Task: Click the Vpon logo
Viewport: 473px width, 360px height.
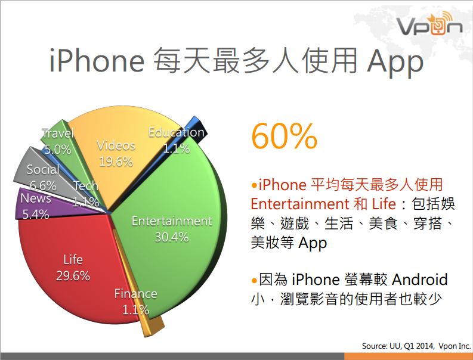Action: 429,23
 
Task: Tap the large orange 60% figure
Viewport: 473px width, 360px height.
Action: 284,136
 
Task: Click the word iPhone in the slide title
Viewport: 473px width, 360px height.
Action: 97,61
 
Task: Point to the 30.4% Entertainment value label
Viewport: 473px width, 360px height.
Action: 172,237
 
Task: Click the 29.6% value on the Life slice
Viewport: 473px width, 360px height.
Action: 73,276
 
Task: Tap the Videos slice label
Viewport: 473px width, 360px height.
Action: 116,145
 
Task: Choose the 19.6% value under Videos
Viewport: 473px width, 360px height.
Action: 116,162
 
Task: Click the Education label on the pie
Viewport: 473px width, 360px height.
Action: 177,132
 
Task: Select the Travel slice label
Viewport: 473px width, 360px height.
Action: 58,134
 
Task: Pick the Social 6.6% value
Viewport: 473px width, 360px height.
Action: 43,186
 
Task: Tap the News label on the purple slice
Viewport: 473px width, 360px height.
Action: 36,198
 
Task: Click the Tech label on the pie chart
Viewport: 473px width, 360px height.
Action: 86,186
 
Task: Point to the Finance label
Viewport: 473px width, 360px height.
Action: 136,294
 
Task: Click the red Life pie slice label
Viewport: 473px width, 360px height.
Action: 73,260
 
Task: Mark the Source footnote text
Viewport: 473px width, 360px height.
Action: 416,346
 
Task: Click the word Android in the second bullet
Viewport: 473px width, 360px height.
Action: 419,280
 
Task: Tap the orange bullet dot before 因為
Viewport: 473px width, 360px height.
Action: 254,281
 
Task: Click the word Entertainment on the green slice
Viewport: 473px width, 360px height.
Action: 172,221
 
